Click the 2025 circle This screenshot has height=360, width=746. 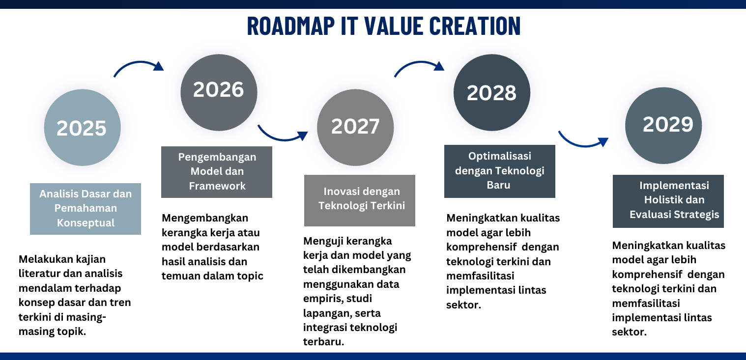click(x=82, y=127)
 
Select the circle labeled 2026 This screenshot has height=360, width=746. click(x=219, y=92)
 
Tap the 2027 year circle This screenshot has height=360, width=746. click(x=355, y=127)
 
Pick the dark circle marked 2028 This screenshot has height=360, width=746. click(x=492, y=92)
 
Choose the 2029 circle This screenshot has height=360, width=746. click(x=663, y=126)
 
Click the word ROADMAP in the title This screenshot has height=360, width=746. click(x=291, y=26)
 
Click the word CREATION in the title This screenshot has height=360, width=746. click(x=475, y=26)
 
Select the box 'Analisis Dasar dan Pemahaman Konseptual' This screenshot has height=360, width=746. click(x=86, y=209)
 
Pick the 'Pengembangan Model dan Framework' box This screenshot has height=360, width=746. click(x=217, y=172)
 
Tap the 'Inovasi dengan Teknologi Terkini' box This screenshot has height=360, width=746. click(x=360, y=201)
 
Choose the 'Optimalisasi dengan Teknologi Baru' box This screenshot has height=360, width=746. click(x=500, y=171)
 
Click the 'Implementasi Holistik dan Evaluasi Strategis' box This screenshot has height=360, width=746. click(x=668, y=201)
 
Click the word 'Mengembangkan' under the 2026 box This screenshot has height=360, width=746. click(x=205, y=218)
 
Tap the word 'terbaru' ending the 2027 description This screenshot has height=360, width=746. click(x=323, y=342)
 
